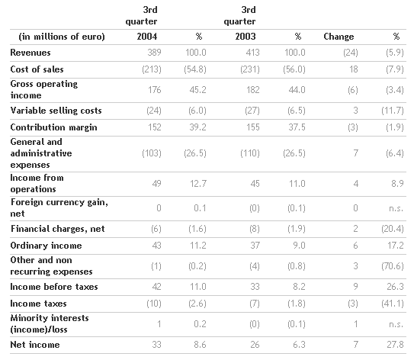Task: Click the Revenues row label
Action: (30, 53)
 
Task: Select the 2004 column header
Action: (147, 37)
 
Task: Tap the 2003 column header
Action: (246, 37)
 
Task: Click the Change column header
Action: (339, 37)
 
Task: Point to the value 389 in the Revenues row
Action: (154, 53)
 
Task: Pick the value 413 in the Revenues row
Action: (252, 53)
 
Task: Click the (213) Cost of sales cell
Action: (152, 69)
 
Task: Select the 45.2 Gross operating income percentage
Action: (197, 90)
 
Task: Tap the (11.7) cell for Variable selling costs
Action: (393, 111)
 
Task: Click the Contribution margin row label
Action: (53, 127)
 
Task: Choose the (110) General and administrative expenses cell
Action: (250, 153)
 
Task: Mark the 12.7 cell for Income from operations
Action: (198, 184)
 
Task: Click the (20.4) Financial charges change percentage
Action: (393, 229)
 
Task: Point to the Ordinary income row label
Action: (46, 246)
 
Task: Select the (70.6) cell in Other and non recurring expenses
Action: (393, 266)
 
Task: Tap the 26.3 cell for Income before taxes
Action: (395, 287)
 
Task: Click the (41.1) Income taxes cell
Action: (393, 304)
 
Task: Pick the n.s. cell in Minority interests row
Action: (396, 324)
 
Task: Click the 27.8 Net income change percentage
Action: (395, 345)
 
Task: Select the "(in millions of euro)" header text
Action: (62, 37)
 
